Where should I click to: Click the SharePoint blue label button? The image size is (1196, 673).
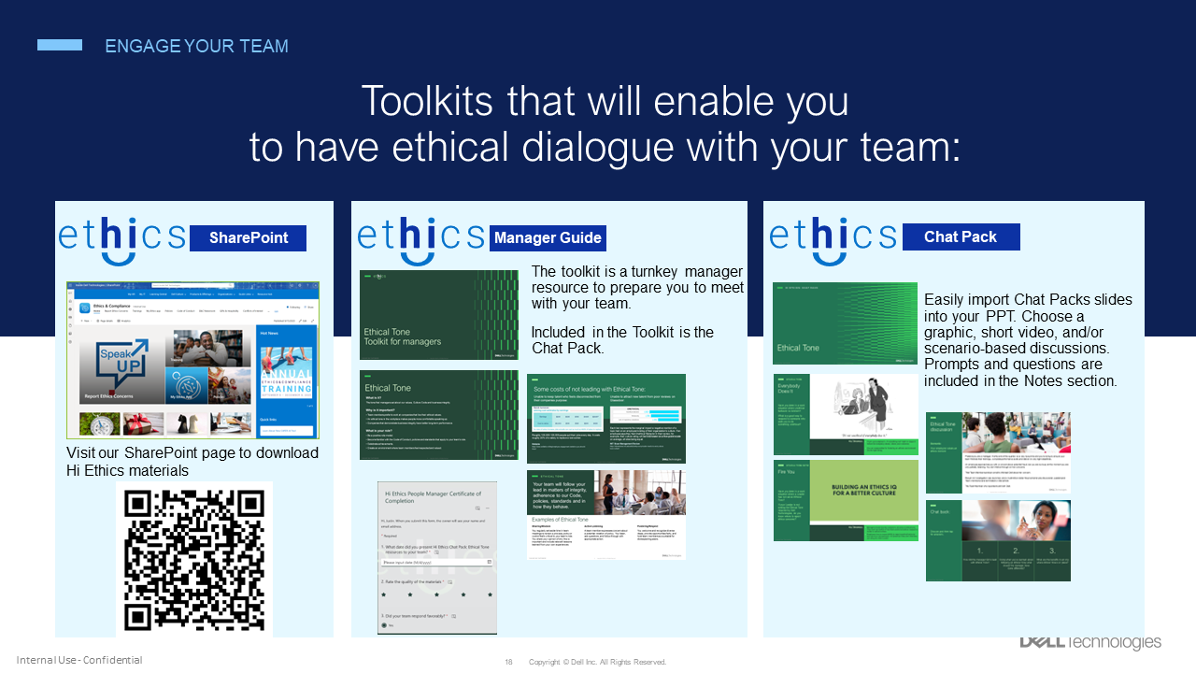(x=248, y=237)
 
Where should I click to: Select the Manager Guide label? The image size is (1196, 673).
(x=548, y=237)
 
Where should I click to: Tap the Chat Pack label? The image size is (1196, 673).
(x=961, y=236)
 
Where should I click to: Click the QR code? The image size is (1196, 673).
(x=194, y=559)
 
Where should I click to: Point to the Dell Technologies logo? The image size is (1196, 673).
(x=1089, y=642)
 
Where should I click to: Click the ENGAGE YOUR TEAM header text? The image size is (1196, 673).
(x=196, y=46)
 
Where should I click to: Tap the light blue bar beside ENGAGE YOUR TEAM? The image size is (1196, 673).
(x=60, y=45)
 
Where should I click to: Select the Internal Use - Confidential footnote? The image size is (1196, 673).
(x=79, y=660)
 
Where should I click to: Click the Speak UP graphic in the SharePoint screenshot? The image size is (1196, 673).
(x=119, y=372)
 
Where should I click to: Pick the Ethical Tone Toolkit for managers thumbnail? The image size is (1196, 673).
(x=439, y=315)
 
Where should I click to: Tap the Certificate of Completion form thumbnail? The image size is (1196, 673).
(x=437, y=558)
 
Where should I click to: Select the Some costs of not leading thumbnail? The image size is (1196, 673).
(x=606, y=419)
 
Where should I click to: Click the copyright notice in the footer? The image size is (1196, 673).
(x=597, y=662)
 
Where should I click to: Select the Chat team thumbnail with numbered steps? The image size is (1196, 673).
(x=998, y=540)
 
